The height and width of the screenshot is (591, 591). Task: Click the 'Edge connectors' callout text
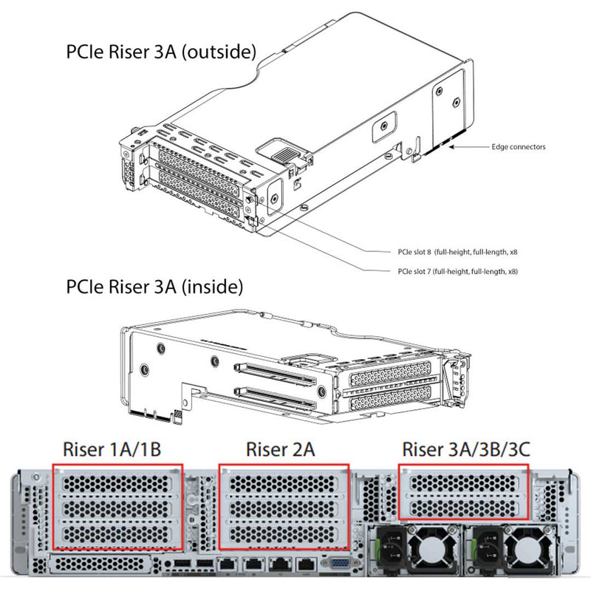coord(519,147)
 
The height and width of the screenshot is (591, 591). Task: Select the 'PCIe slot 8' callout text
coord(454,251)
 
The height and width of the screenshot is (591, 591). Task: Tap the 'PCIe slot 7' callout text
coord(454,271)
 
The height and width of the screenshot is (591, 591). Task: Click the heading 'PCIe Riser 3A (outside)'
coord(160,52)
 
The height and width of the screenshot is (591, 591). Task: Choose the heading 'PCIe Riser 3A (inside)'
coord(154,286)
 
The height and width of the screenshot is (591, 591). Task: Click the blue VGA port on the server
coord(340,565)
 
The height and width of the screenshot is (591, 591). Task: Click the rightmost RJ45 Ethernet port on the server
coord(304,566)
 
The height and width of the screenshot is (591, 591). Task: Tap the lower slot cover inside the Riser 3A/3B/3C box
coord(462,507)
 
